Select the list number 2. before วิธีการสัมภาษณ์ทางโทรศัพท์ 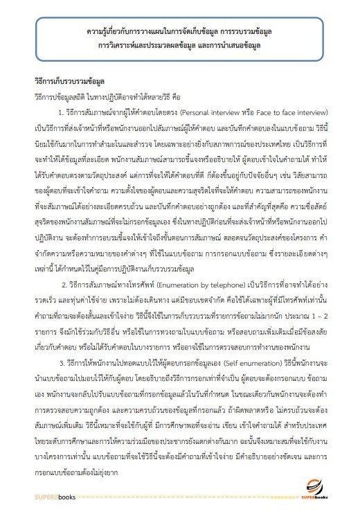[64, 283]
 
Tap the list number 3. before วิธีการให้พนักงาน [62, 361]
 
